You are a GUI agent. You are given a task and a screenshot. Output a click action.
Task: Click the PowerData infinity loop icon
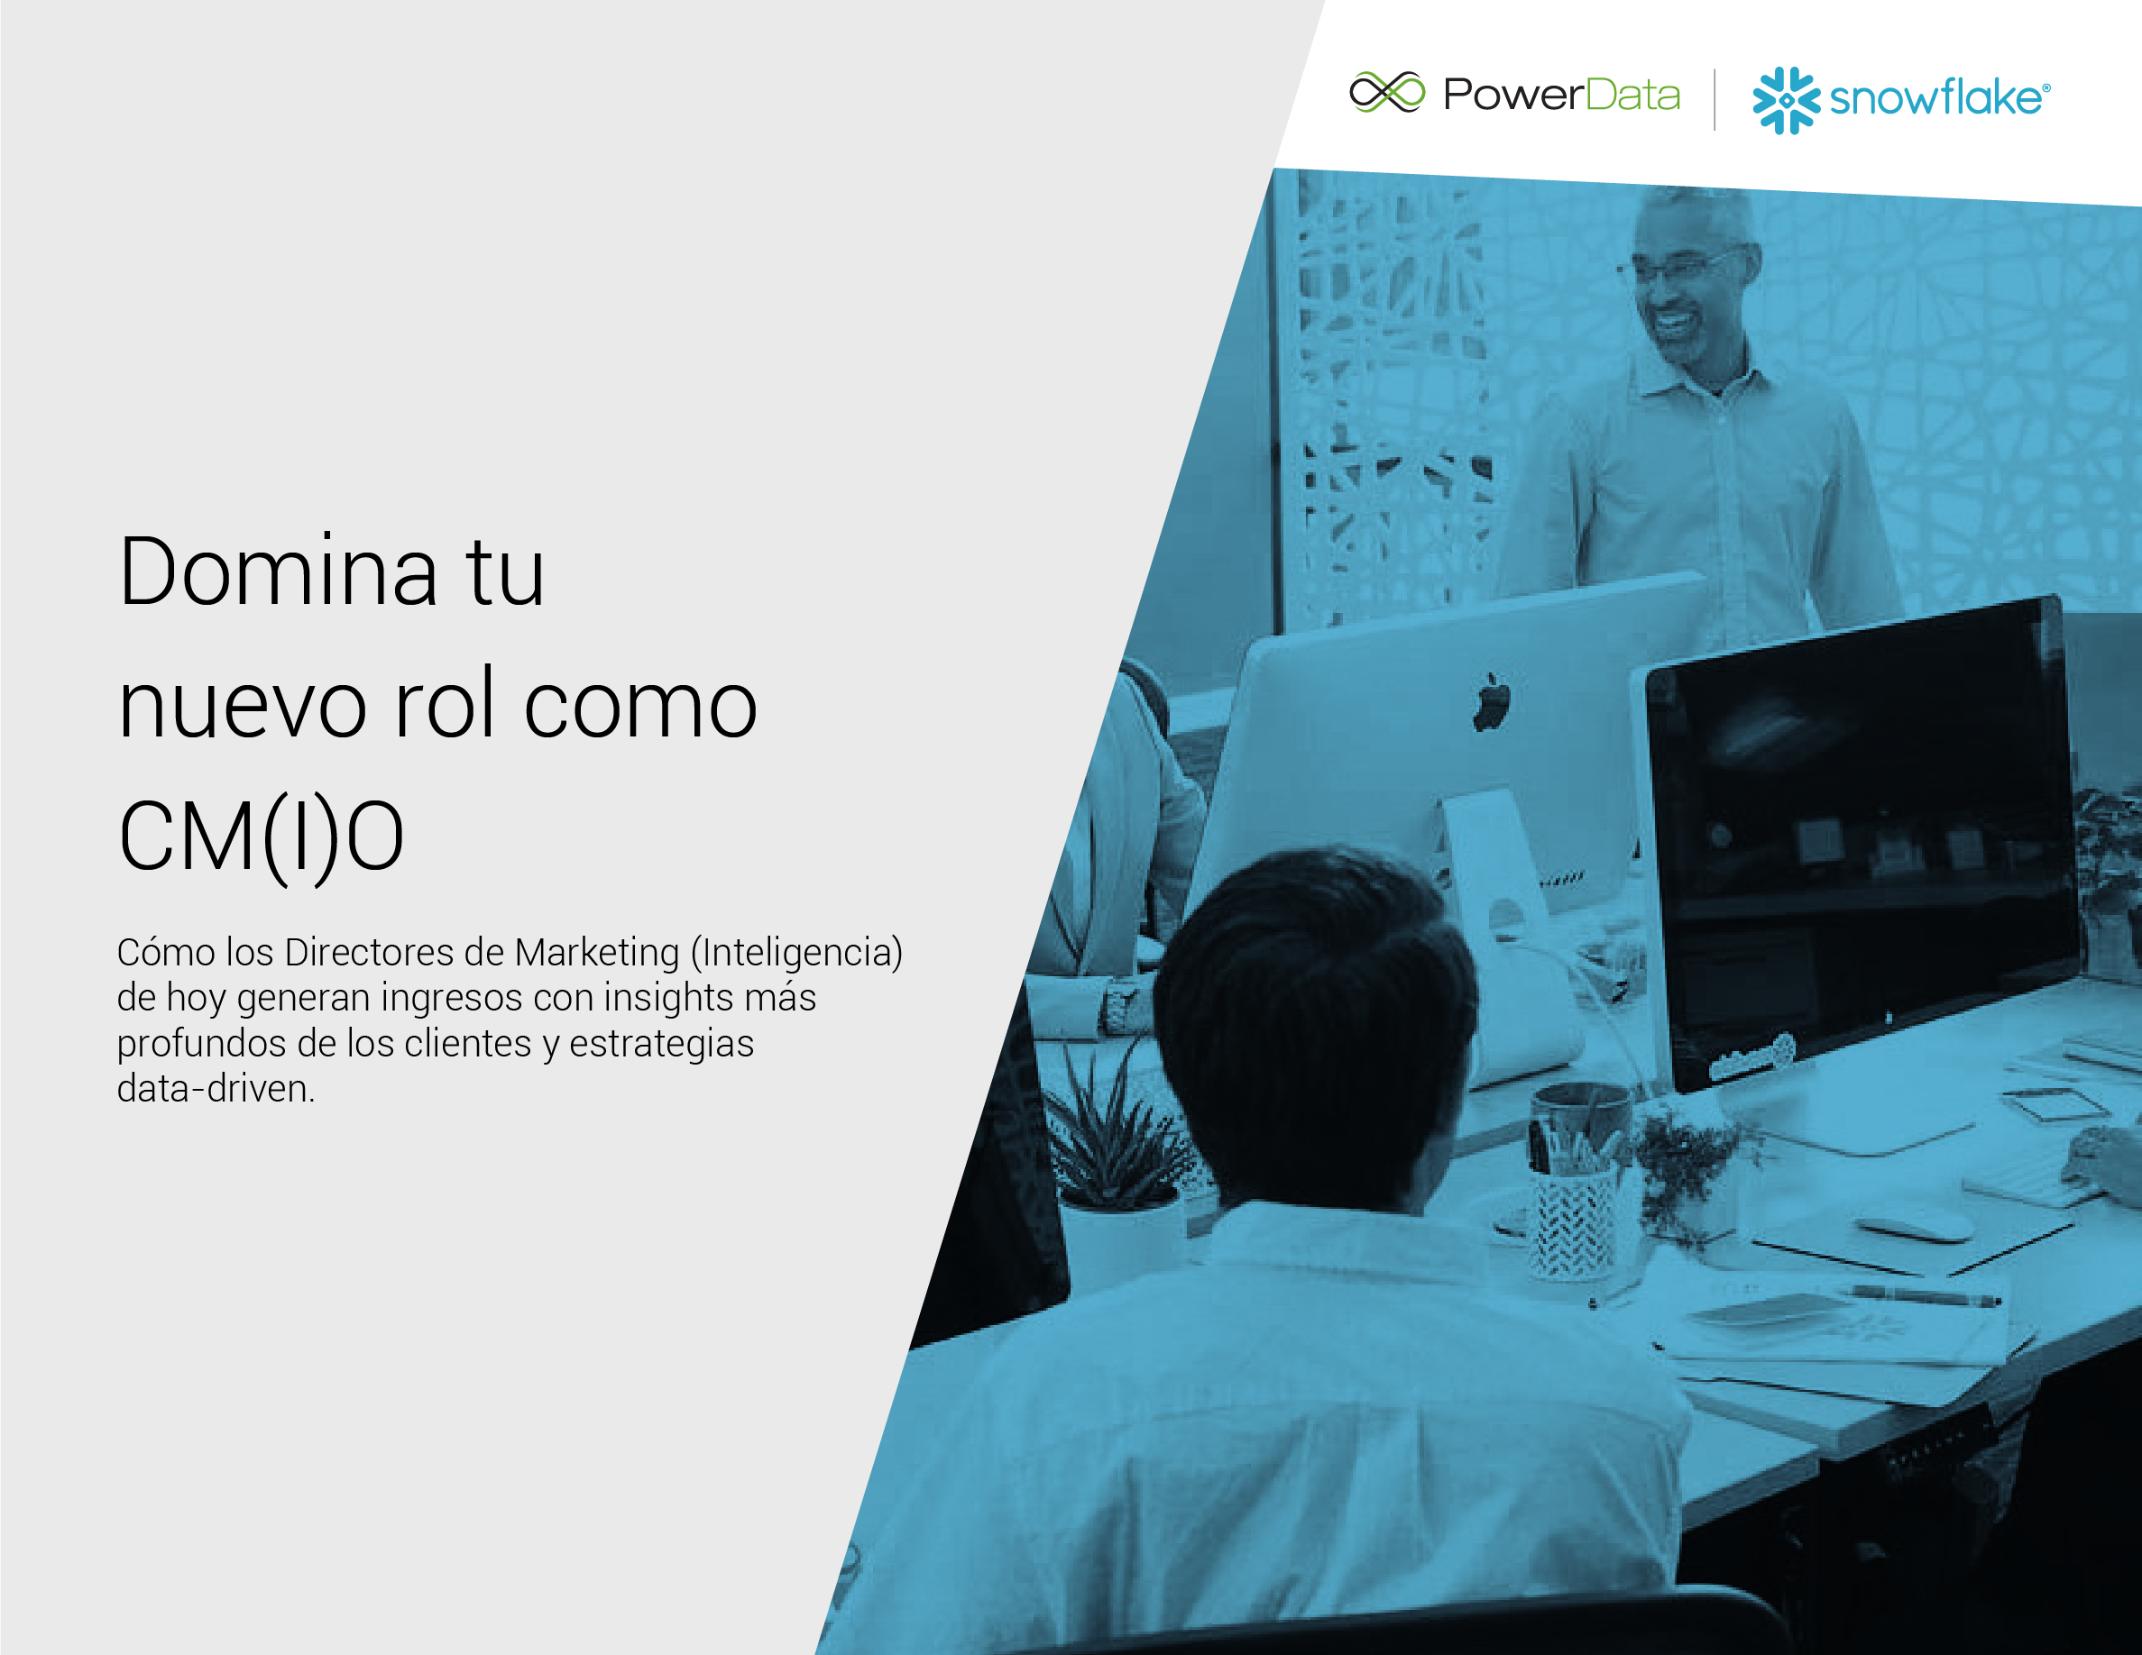click(x=1387, y=92)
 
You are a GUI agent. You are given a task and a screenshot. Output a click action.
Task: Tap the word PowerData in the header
click(x=1561, y=94)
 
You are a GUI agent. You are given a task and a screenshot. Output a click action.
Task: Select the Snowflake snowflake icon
click(x=1786, y=100)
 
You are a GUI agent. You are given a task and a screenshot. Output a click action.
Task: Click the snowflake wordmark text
click(x=1939, y=98)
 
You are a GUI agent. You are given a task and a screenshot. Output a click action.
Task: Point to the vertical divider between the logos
click(x=1715, y=99)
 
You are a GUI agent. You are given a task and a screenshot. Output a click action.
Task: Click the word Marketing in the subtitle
click(x=596, y=952)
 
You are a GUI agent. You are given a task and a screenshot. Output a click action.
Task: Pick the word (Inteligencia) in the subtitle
click(x=796, y=952)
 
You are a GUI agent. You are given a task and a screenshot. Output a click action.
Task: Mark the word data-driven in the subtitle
click(x=216, y=1088)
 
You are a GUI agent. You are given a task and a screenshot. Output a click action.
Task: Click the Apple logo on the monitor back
click(x=1491, y=701)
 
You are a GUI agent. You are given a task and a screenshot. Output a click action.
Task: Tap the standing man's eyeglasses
click(x=1679, y=266)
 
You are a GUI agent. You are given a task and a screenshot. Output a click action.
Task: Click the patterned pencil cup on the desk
click(x=1571, y=1222)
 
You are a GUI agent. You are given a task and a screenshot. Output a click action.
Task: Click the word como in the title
click(x=640, y=708)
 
